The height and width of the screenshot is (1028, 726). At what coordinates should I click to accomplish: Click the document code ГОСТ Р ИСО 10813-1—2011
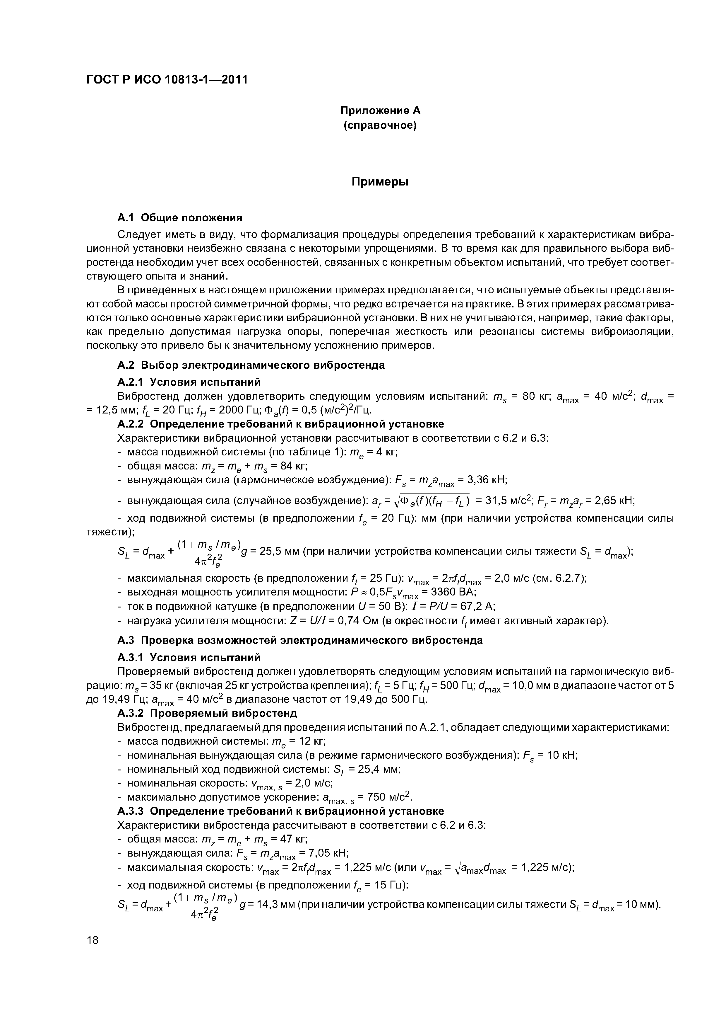166,80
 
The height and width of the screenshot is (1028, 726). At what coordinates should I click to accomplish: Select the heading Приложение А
380,110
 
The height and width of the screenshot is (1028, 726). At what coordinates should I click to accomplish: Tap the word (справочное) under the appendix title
380,126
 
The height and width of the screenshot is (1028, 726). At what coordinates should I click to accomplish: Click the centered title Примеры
380,182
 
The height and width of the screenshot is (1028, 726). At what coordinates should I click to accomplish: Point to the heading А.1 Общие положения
179,218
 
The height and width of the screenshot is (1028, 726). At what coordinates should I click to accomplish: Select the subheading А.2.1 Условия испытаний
188,382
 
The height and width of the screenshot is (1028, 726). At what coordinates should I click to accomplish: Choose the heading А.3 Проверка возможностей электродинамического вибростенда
300,641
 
